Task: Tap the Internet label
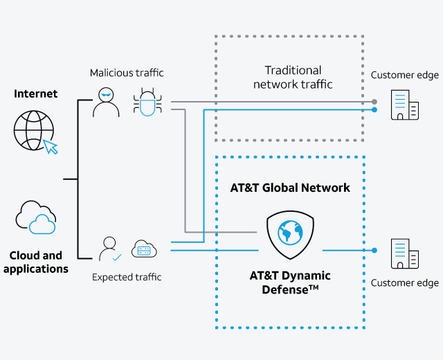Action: (36, 93)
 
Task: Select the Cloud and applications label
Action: (36, 262)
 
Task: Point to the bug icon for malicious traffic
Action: (147, 102)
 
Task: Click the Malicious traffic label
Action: (126, 73)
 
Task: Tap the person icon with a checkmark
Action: (109, 249)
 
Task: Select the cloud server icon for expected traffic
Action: (145, 249)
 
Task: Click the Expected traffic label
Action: (127, 277)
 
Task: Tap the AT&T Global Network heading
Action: (290, 188)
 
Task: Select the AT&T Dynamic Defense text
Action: (290, 282)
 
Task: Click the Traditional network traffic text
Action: (293, 77)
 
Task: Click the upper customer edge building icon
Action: (405, 105)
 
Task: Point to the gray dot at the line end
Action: (374, 102)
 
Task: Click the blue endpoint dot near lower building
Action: (374, 250)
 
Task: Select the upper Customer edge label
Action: (405, 75)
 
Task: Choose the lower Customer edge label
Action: (405, 282)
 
